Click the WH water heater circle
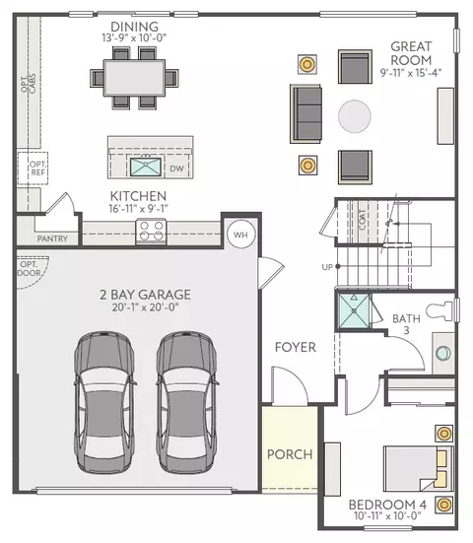tap(240, 235)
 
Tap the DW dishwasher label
tap(176, 169)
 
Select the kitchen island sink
tap(146, 167)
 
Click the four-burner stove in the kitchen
tap(152, 231)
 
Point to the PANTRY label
tap(52, 238)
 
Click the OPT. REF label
tap(37, 168)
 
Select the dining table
tap(134, 77)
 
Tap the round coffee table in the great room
tap(354, 116)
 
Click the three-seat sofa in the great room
tap(305, 113)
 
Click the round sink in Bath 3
tap(442, 353)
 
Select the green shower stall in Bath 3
tap(354, 311)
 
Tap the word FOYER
tap(296, 347)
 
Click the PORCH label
tap(290, 454)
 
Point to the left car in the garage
tap(104, 402)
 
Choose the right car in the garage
tap(187, 402)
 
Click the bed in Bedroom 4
tap(418, 468)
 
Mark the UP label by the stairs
tap(327, 267)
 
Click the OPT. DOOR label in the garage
tap(30, 269)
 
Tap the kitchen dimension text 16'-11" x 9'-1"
tap(138, 209)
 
